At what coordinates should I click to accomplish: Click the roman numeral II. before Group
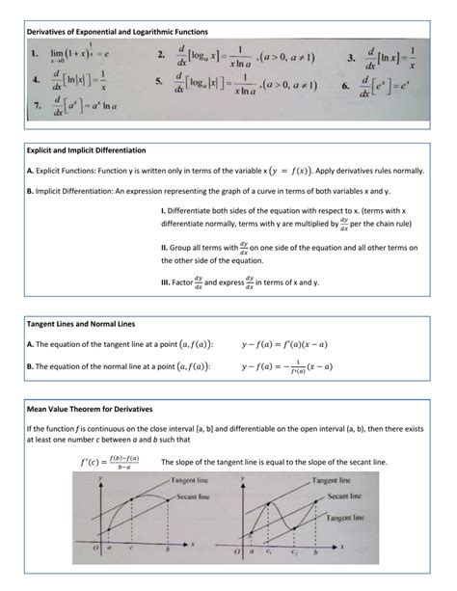[x=166, y=249]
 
